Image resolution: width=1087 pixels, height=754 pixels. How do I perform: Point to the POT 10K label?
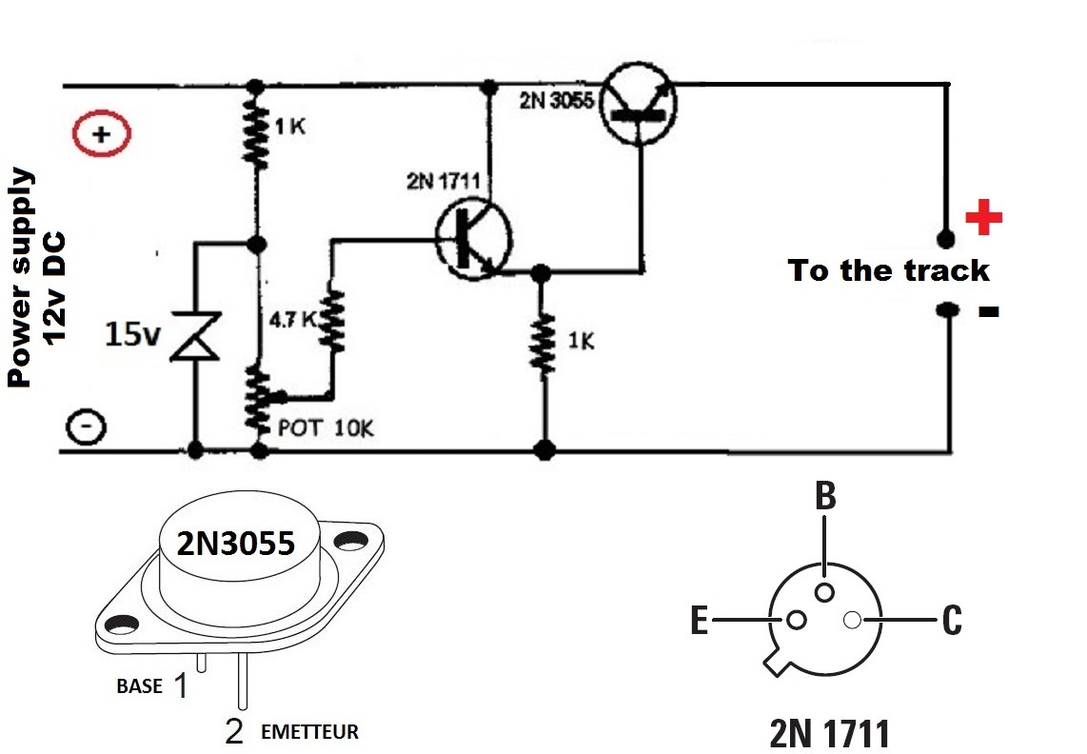point(326,428)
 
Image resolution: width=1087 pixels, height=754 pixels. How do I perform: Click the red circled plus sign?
point(101,135)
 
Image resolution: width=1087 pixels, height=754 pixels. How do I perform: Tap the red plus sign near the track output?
point(983,219)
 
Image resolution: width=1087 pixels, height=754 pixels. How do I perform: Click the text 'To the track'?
point(889,271)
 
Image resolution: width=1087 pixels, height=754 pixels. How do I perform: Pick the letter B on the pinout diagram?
point(825,496)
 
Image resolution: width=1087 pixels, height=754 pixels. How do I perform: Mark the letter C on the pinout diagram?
point(951,622)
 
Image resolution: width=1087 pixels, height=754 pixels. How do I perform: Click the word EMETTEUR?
point(309,732)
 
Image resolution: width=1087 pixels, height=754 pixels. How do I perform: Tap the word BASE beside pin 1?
point(139,685)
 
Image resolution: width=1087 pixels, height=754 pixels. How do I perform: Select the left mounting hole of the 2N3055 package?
point(122,625)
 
